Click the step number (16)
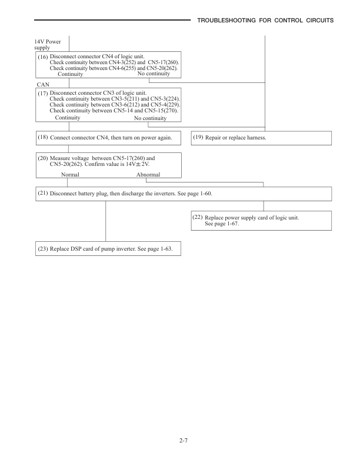43,56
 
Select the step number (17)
43,93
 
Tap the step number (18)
43,137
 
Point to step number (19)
198,137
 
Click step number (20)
43,158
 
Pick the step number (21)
43,192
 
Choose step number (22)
198,217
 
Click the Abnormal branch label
148,175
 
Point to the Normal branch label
70,175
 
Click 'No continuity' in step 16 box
153,74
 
